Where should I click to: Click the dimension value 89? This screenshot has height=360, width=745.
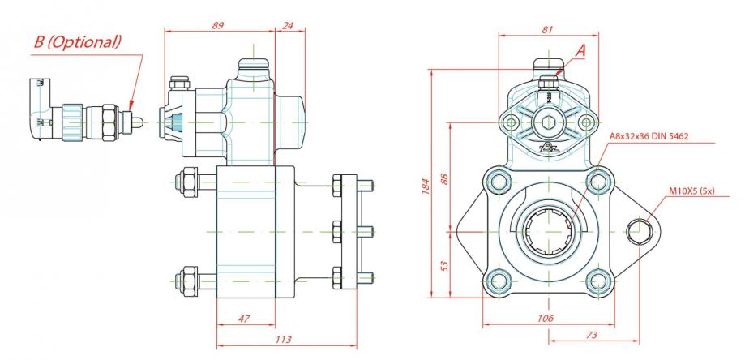(x=217, y=26)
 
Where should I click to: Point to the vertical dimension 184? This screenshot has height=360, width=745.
(x=423, y=186)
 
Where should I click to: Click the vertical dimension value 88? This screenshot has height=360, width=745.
(x=443, y=178)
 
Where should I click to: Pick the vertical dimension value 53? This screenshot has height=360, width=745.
(x=443, y=265)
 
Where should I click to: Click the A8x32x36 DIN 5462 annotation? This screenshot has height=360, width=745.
(x=649, y=136)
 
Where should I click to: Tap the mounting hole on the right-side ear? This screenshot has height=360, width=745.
(x=639, y=230)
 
